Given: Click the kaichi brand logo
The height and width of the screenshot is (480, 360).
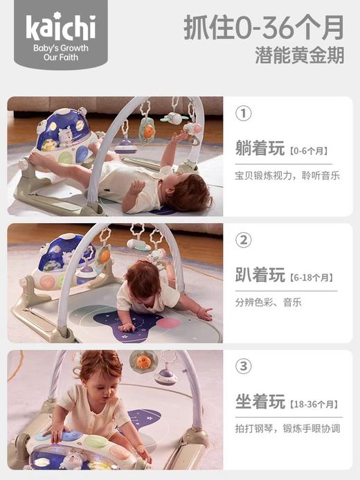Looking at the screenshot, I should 61,27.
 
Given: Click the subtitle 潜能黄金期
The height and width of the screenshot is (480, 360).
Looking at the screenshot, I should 299,56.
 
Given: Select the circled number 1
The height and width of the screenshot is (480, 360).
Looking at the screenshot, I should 243,113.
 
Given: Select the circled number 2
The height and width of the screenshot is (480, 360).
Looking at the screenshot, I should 243,240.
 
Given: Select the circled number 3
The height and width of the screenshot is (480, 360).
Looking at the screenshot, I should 243,366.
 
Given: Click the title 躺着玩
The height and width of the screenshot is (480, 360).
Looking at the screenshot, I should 260,148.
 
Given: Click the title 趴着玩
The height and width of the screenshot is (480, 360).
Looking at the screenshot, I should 260,276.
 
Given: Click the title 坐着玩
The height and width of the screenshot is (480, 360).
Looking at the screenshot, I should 260,402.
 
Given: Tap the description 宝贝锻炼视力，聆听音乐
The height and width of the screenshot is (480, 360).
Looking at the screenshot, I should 287,175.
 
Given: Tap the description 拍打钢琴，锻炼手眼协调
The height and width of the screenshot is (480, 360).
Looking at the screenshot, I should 287,429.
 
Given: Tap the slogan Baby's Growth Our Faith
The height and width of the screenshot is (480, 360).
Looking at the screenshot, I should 61,53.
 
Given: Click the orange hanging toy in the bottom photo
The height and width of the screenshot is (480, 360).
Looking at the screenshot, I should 143,360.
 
